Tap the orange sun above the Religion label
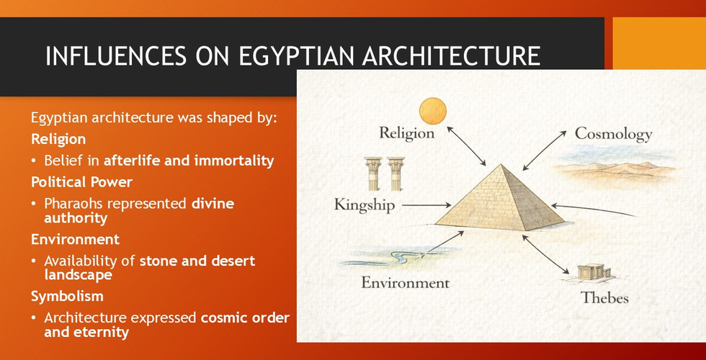433,111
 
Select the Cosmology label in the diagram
613,135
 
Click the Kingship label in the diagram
365,205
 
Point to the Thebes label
604,297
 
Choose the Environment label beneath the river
405,282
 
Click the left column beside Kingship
373,174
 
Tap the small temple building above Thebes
594,273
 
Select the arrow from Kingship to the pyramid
426,206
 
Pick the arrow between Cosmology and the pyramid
545,150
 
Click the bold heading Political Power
81,182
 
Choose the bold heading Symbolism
67,296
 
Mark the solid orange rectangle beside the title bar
659,43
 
